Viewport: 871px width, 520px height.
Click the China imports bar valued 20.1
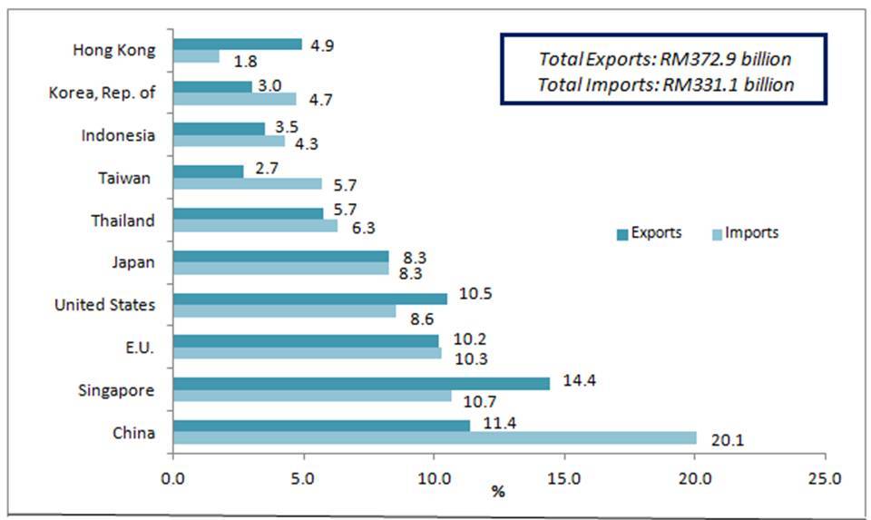click(435, 437)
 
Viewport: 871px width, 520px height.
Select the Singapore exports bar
click(361, 384)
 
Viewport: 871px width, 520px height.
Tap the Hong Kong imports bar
click(196, 56)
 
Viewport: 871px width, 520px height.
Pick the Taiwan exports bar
click(208, 171)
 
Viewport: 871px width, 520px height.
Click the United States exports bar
click(309, 299)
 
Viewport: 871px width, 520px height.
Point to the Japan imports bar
click(280, 269)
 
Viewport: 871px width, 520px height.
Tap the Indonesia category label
click(118, 135)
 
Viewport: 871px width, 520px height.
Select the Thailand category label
click(122, 221)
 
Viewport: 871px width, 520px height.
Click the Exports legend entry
click(649, 233)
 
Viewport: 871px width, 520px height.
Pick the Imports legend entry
click(745, 233)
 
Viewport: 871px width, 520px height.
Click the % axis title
click(497, 493)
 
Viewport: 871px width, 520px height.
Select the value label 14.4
click(572, 374)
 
